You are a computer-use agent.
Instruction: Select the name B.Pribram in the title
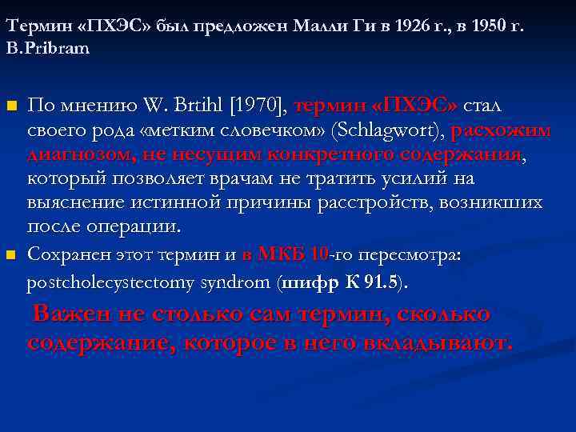tap(48, 48)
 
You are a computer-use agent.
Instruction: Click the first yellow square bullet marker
tap(10, 106)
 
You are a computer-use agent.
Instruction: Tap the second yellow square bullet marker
tap(10, 255)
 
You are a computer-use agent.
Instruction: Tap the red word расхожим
tap(500, 130)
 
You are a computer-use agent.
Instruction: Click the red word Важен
tap(70, 314)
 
